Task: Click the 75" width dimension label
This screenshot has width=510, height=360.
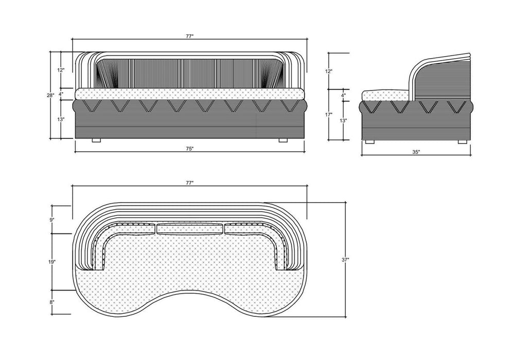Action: click(x=190, y=149)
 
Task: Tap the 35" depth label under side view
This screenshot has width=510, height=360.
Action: click(x=416, y=152)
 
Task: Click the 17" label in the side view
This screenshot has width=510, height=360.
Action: click(x=329, y=114)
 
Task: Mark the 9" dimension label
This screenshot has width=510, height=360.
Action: click(x=52, y=220)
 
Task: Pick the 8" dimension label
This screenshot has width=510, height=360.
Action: click(x=52, y=302)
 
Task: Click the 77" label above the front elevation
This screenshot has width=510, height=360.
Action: click(x=190, y=37)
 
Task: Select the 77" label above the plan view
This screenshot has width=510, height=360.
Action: click(x=190, y=183)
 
